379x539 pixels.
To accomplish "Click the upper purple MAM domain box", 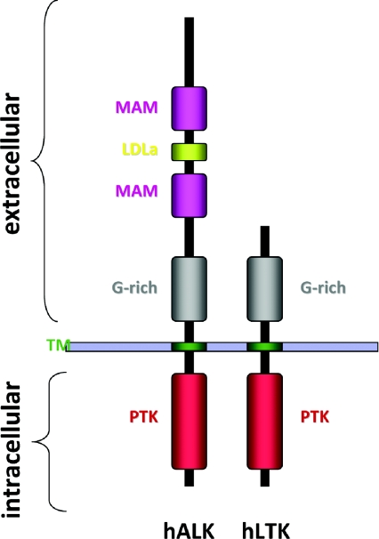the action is pos(189,109).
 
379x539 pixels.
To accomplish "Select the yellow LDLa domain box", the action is pos(189,152).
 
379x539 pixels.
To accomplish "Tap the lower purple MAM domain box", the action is pos(189,196).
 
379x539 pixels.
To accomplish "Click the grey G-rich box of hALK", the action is pos(189,289).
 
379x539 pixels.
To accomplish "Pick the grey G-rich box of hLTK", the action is pos(265,289).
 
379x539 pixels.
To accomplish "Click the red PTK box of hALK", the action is pos(189,422).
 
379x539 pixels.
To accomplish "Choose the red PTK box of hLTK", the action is pos(265,422).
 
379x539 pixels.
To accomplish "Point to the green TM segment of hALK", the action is pos(189,347).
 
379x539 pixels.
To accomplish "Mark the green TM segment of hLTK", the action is pos(265,347).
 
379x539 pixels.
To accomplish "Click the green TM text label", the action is pos(58,345).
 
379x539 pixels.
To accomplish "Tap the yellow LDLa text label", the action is pos(140,150).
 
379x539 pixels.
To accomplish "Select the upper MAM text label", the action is pos(136,108).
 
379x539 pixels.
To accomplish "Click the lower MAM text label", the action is pos(136,190).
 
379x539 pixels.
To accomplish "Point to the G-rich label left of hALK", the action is pos(135,287).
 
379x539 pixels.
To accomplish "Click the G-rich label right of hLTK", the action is pos(323,287).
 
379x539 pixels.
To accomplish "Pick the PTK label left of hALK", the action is pos(144,416).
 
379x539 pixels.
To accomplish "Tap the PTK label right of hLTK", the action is pos(315,416).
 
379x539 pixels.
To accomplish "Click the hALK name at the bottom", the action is pos(189,530).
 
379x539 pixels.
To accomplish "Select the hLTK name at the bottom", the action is pos(266,530).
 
